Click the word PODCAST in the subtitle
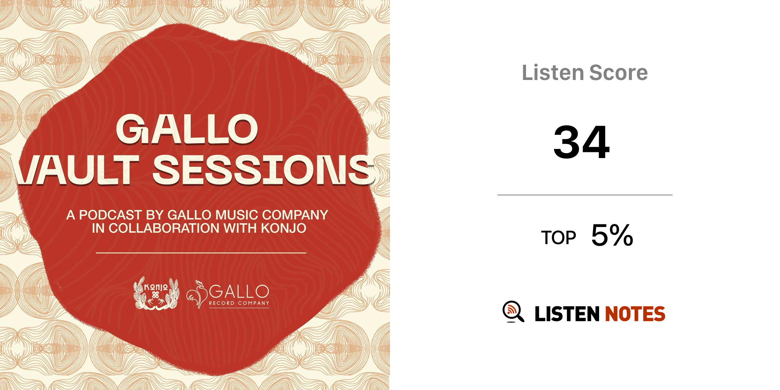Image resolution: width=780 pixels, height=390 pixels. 110,215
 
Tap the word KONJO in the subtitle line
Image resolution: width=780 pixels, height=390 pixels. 284,229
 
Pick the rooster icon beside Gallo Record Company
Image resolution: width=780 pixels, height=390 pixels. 197,294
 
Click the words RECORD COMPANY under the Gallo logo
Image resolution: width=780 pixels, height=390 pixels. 239,303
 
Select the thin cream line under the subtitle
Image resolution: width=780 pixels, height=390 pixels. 201,253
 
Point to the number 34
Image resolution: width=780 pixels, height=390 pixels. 582,142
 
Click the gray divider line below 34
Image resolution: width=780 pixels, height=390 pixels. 585,195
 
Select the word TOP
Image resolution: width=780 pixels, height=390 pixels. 559,238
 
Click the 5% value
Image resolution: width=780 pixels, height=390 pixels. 612,235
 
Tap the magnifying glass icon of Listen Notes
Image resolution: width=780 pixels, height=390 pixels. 513,312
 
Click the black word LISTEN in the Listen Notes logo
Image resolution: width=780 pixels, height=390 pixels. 567,314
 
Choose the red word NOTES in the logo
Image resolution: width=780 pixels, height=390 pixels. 635,314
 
